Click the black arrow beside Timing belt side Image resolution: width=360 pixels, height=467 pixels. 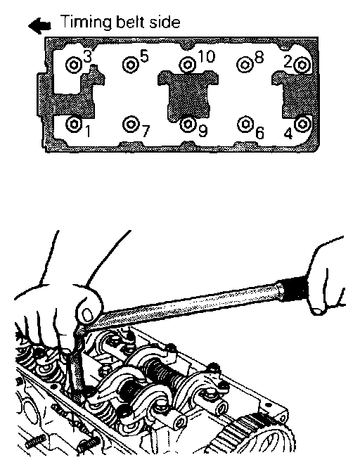click(40, 25)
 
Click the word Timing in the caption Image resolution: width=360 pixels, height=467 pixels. click(86, 23)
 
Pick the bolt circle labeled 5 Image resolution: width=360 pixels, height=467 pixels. click(130, 64)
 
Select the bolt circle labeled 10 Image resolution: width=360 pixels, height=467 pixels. click(188, 64)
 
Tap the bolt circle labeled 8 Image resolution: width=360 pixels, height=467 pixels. click(245, 64)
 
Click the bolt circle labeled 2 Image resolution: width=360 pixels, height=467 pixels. click(302, 65)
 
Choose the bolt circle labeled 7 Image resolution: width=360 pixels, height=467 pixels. click(130, 123)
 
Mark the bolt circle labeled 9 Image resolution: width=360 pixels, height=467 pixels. click(188, 123)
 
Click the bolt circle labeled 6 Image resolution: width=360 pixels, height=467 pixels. click(245, 123)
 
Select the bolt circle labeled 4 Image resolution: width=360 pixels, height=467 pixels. click(302, 123)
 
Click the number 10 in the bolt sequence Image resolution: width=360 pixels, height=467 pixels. click(206, 56)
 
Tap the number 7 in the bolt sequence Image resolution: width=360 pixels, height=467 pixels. click(146, 132)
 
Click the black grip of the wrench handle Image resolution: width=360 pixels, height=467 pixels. click(295, 288)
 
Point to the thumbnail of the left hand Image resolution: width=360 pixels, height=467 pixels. click(87, 314)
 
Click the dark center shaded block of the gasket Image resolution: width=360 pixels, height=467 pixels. click(188, 95)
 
